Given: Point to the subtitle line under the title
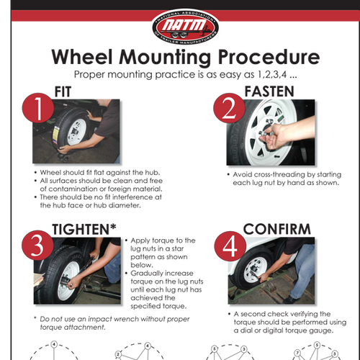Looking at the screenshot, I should tap(179, 73).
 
